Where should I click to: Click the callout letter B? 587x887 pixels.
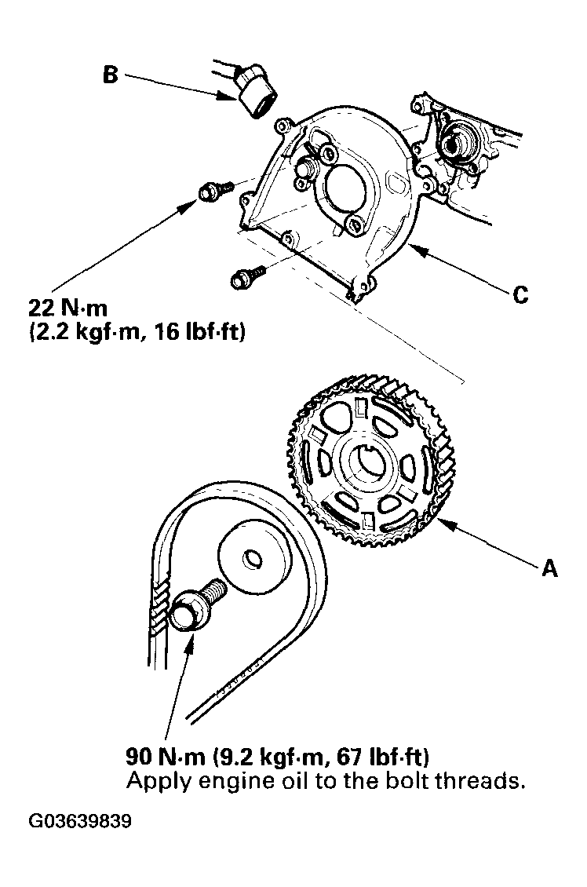tap(111, 75)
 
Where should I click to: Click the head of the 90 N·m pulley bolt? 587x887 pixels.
tap(187, 611)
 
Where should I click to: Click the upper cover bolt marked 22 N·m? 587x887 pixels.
tap(210, 191)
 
